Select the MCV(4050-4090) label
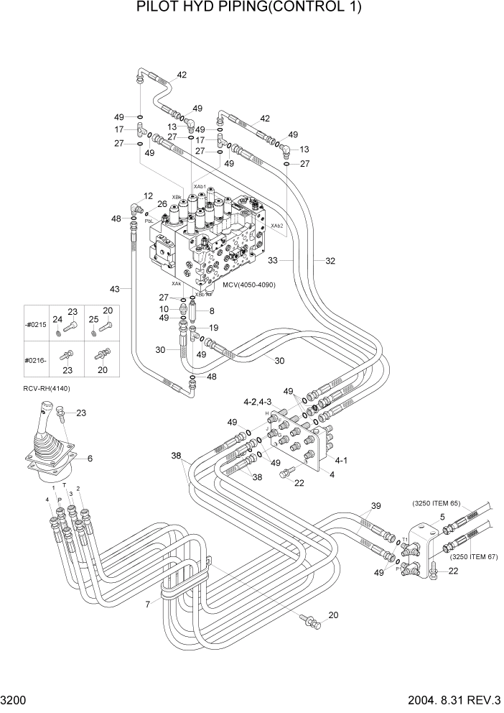(248, 285)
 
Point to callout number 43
(115, 289)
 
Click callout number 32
(330, 261)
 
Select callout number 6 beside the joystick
(90, 458)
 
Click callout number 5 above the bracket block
(442, 517)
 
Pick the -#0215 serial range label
(34, 325)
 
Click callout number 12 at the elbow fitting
(148, 196)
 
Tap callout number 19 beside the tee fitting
(215, 327)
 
